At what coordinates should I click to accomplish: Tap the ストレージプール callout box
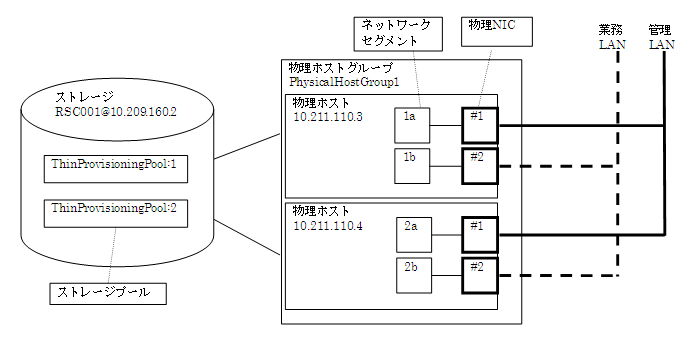108,293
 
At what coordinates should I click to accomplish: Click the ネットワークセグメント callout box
398,31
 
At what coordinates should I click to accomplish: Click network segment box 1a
412,126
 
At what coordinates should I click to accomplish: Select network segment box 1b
412,166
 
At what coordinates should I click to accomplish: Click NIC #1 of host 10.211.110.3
479,126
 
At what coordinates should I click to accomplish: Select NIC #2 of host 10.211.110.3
479,166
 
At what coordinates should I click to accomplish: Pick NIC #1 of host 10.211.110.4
479,236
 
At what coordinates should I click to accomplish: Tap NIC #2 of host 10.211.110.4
479,276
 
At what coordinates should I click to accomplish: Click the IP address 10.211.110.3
328,118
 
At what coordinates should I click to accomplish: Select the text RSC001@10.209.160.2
115,114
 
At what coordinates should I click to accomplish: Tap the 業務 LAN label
611,37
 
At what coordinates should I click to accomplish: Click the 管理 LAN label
661,37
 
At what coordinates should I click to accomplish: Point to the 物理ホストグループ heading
339,67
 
